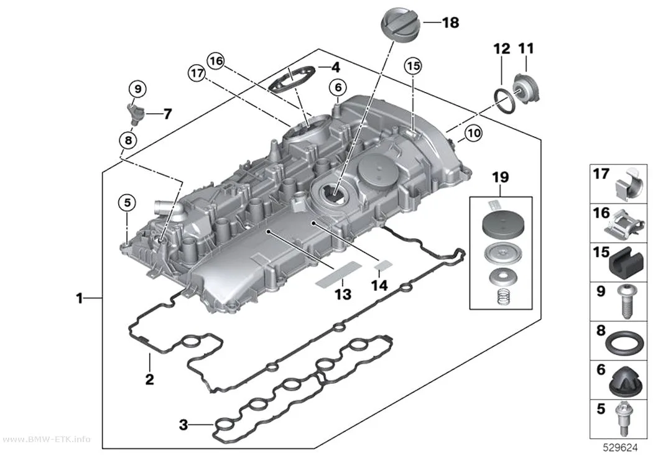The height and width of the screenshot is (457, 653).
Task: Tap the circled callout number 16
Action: (216, 62)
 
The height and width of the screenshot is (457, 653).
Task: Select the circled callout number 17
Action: (197, 73)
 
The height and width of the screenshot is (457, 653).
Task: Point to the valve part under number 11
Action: (527, 89)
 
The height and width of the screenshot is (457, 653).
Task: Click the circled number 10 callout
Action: (473, 133)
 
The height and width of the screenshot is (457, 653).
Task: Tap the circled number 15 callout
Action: (413, 66)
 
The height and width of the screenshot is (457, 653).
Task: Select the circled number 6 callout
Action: (338, 88)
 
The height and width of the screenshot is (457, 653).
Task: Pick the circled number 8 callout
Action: (128, 140)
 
